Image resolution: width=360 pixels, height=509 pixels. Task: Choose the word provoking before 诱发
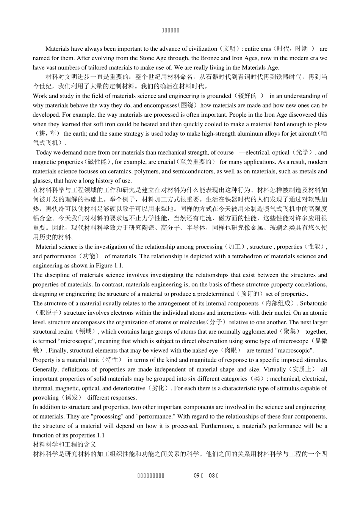point(45,398)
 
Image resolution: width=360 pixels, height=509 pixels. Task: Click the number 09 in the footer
point(196,476)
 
